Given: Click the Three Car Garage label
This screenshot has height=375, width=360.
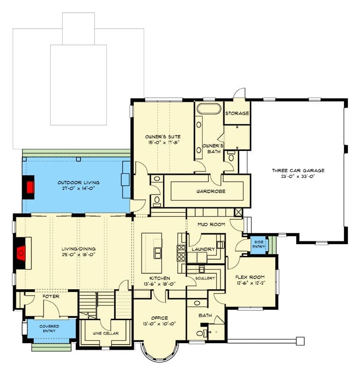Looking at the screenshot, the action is click(298, 171).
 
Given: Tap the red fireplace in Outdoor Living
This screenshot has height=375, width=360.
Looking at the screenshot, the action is click(29, 187).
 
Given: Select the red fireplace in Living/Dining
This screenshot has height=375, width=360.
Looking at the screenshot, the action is click(21, 253).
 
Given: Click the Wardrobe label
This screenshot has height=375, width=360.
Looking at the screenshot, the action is click(211, 191).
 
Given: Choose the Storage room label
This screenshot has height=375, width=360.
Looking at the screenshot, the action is click(237, 113).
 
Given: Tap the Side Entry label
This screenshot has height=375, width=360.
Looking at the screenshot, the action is click(259, 244).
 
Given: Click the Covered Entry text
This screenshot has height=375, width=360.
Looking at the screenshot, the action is click(49, 329).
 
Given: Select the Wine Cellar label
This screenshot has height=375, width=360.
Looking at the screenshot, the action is click(106, 333).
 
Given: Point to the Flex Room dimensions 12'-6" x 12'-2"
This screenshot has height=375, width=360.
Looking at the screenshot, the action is click(250, 283).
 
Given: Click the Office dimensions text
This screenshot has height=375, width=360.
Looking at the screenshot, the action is click(160, 323).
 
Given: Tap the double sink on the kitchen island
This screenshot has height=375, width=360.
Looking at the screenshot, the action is click(157, 253).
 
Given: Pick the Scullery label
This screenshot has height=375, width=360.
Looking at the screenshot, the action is click(205, 278).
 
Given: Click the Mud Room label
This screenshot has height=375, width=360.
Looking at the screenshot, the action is click(211, 225).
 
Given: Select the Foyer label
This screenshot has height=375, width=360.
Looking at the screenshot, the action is click(51, 296).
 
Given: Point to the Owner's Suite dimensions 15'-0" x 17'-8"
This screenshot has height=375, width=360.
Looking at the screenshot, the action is click(163, 142).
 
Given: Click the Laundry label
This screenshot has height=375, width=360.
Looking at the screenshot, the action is click(203, 249).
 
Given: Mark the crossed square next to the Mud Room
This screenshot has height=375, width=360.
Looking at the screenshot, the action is click(238, 212).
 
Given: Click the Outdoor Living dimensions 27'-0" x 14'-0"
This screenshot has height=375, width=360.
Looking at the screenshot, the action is click(79, 188).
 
